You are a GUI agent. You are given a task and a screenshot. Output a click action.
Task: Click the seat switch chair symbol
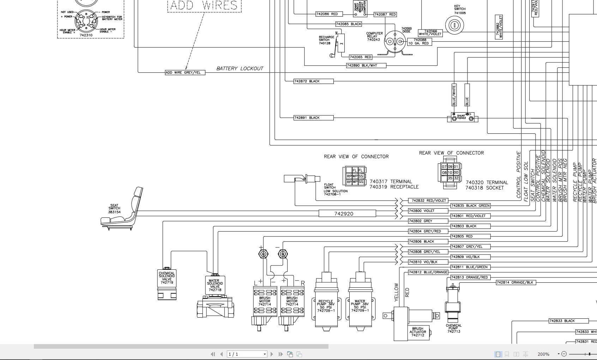coord(122,210)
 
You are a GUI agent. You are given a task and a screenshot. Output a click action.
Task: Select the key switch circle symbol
coord(454,25)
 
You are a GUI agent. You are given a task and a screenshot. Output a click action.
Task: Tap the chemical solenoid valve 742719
coord(167,284)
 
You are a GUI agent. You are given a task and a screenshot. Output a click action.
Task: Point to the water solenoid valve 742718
coord(215,295)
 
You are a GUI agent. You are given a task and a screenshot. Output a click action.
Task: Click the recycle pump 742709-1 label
coord(326,306)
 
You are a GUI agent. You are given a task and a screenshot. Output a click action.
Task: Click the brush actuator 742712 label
coord(417,332)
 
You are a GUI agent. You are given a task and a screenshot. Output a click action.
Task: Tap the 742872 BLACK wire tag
coord(313,81)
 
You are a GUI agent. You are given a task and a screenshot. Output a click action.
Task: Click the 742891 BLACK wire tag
coord(313,118)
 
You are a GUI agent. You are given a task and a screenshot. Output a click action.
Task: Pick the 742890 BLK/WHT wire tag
coord(366,66)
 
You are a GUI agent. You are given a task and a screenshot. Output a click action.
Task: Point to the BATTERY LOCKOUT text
coord(240,68)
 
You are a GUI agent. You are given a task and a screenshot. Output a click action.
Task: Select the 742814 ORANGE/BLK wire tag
coord(515,282)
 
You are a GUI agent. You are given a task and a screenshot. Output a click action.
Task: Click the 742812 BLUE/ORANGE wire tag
coord(428,272)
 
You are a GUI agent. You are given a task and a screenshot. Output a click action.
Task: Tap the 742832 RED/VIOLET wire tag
coord(428,200)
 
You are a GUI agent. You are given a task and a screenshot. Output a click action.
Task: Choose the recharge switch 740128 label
coord(326,40)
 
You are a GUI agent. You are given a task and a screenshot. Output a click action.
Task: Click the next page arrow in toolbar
coord(272,354)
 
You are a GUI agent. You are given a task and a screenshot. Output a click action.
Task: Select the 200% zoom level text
coord(543,354)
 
